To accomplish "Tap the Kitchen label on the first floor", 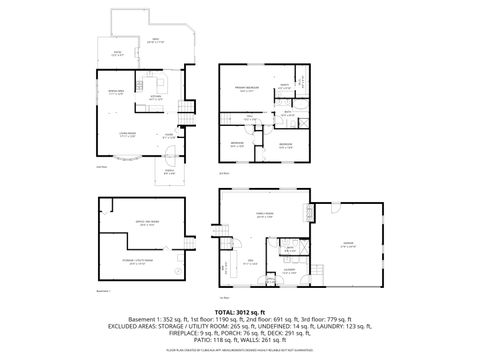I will click(156, 98).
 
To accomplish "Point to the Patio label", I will click(116, 53).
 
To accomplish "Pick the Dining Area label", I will click(117, 93).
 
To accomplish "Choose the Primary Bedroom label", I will click(247, 88).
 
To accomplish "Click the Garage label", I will click(349, 244).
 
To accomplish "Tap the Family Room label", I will click(266, 214).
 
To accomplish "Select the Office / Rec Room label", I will click(147, 223).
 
